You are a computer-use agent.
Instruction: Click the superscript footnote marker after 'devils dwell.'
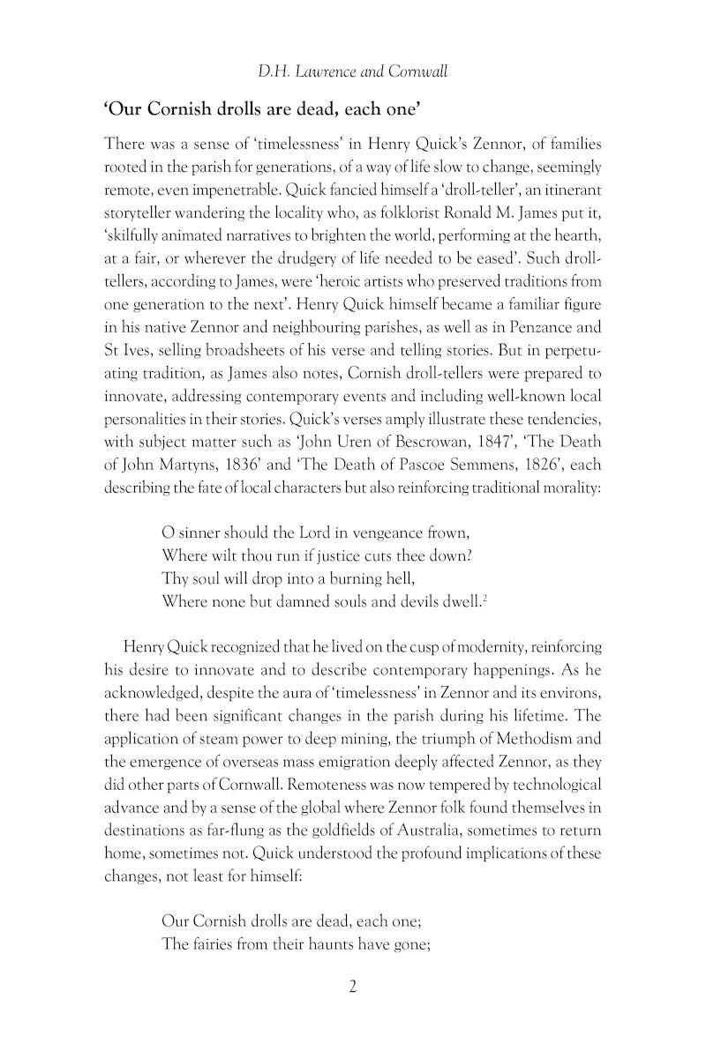(x=485, y=598)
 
